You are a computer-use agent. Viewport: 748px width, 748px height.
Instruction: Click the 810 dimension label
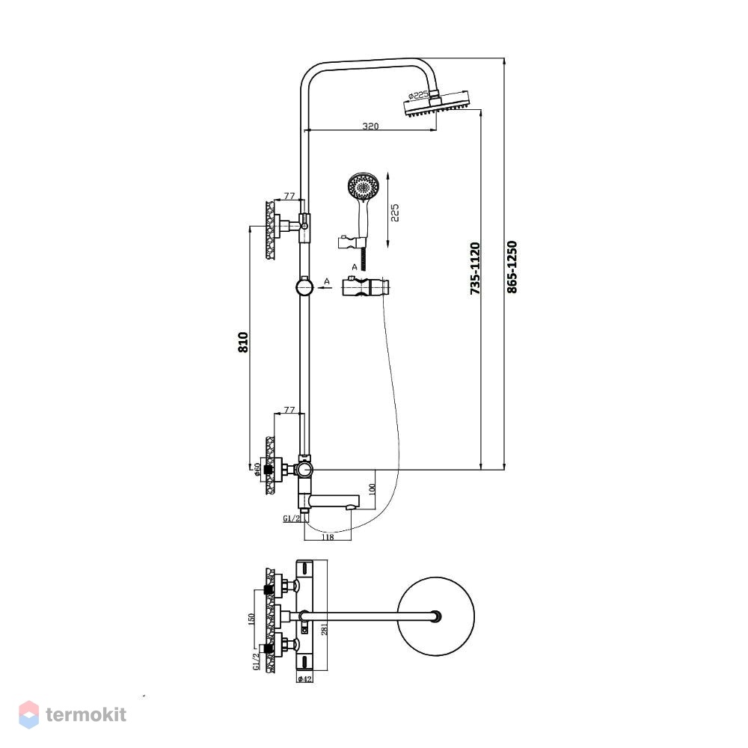point(243,342)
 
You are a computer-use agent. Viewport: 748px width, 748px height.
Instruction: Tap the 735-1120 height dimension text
point(475,269)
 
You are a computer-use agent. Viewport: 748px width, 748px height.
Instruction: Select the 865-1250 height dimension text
point(512,267)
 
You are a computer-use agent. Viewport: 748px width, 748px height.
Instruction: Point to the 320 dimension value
point(371,126)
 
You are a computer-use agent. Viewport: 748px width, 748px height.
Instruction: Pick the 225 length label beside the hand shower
point(394,212)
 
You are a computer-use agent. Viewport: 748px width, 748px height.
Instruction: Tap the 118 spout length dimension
point(328,537)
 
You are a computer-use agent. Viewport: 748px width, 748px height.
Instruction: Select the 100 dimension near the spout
point(373,488)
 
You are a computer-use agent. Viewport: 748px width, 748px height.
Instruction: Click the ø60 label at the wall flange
point(258,469)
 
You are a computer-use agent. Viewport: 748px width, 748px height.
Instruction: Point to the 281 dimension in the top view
point(325,630)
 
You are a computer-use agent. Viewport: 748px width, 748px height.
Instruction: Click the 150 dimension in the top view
point(251,619)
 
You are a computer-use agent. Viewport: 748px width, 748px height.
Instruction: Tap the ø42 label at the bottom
point(304,679)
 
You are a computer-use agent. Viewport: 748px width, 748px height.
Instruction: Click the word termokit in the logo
point(86,714)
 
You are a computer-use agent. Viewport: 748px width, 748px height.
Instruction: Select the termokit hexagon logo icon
point(28,714)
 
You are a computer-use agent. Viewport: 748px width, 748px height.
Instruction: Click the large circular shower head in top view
point(436,617)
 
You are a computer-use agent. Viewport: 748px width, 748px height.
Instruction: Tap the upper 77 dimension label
point(289,195)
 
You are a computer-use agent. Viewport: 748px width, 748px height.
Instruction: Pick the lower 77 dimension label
point(289,410)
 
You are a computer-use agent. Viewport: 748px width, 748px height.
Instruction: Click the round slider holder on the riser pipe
point(304,288)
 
